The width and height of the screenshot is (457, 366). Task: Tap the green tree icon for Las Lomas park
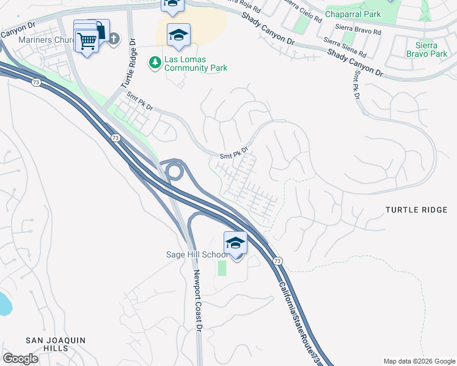click(x=155, y=62)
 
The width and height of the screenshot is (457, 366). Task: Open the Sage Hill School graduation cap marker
click(x=235, y=243)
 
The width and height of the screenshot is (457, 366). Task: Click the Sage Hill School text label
click(x=195, y=255)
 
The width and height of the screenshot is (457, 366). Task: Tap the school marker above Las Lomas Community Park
click(x=178, y=35)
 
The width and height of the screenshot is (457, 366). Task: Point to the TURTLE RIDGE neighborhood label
click(x=416, y=210)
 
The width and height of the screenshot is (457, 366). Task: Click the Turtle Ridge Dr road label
click(x=132, y=68)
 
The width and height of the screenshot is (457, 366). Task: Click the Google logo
click(x=21, y=359)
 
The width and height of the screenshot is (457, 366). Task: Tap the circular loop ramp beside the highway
click(x=175, y=171)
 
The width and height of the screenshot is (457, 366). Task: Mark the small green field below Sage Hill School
click(x=222, y=268)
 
